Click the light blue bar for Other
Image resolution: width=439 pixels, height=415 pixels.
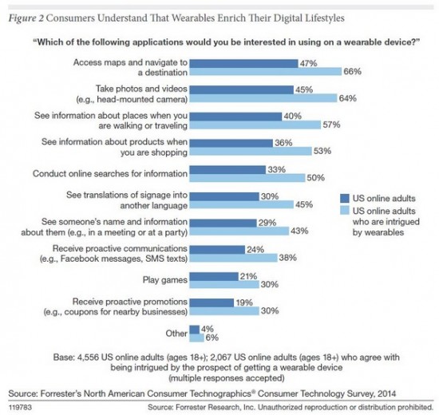click(x=195, y=338)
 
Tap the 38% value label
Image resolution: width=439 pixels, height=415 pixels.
click(x=288, y=258)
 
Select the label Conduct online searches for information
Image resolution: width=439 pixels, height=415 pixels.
click(x=109, y=173)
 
